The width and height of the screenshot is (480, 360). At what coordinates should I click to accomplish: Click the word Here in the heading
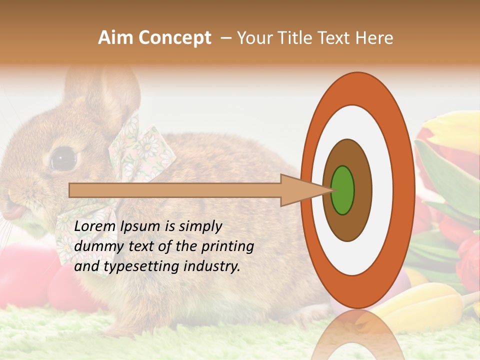click(x=373, y=37)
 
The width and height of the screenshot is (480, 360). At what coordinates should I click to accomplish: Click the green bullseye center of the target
click(x=342, y=190)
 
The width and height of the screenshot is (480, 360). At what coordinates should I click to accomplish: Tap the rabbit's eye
click(x=63, y=159)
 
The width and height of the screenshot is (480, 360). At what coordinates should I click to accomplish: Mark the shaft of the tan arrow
click(x=175, y=190)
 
